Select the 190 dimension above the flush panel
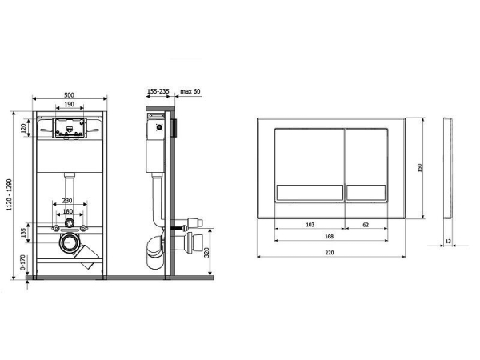(69, 105)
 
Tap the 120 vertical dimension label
(24, 127)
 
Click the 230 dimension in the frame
(68, 200)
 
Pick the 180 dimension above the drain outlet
(68, 211)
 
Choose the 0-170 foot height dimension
(24, 262)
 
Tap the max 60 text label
(190, 92)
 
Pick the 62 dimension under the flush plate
(365, 226)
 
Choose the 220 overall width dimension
(332, 252)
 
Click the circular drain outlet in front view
(69, 242)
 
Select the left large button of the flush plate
(310, 164)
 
